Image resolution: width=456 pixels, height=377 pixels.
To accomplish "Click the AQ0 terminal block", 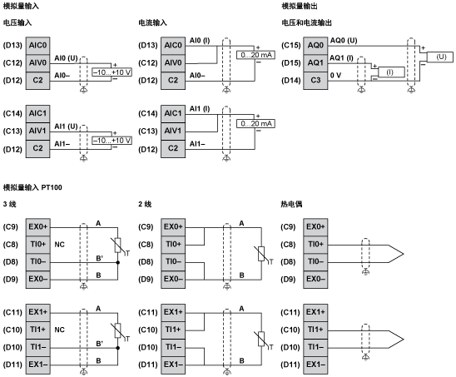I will [x=315, y=44].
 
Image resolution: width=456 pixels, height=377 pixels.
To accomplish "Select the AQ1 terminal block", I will [x=315, y=62].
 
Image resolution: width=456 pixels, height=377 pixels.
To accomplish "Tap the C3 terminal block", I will [x=315, y=79].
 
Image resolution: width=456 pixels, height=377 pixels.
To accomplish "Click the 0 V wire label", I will [x=337, y=75].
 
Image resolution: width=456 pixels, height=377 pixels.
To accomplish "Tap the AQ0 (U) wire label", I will [x=343, y=40].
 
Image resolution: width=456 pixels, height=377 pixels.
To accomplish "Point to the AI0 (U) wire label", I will [x=66, y=57].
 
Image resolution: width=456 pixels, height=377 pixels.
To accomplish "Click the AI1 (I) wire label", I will [x=202, y=109].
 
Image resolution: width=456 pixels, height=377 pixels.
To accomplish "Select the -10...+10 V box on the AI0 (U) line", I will [x=112, y=72].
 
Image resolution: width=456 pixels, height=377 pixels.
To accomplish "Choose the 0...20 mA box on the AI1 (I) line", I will [x=255, y=123].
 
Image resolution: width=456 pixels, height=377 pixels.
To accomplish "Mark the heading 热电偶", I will [x=293, y=204].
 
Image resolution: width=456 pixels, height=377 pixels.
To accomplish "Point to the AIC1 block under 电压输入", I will [x=37, y=112].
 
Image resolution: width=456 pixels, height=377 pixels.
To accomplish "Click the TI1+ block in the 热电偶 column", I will [x=315, y=329].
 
